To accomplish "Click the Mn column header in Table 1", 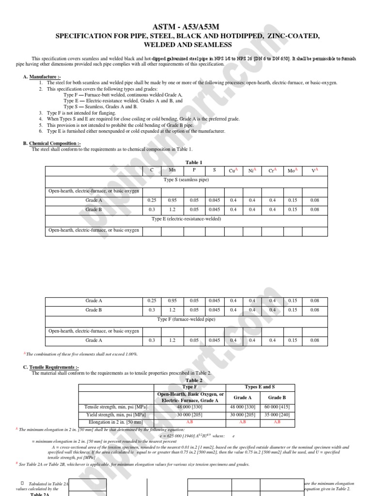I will coord(172,170).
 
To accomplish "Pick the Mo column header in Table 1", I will coord(292,170).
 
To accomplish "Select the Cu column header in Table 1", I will coord(233,170).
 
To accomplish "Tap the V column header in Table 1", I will coord(314,170).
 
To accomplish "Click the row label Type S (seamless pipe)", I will coord(186,180).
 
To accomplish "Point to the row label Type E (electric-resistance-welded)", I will coord(186,219).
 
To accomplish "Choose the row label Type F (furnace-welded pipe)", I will coord(186,320).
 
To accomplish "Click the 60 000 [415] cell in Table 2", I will coord(278,407).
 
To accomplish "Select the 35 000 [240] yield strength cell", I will coord(278,415).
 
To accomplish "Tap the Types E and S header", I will coord(260,387).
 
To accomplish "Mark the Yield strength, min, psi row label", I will coord(116,415).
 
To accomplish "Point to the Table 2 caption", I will coord(194,380).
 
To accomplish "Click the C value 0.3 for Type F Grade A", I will coord(152,341).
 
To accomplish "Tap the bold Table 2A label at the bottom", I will coord(42,494).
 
